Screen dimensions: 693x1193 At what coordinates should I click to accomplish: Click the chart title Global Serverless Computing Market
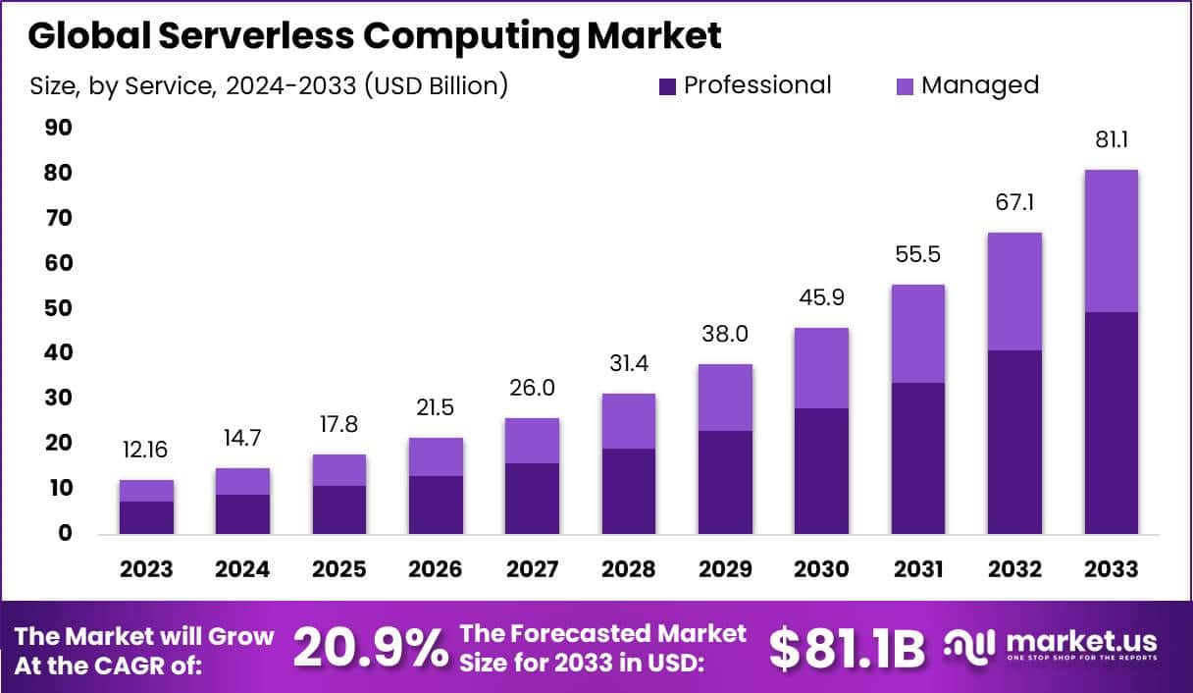click(x=374, y=35)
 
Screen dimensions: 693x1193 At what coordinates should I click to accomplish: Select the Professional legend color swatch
click(x=668, y=86)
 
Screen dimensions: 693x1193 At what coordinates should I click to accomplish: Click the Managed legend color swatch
click(x=906, y=86)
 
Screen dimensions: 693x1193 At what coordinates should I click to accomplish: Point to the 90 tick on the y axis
click(x=58, y=129)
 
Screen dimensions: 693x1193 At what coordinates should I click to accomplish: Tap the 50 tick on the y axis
click(x=58, y=308)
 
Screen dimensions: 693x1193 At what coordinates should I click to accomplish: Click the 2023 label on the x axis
click(x=147, y=569)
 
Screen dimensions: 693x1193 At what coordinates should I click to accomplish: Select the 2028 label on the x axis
click(x=628, y=569)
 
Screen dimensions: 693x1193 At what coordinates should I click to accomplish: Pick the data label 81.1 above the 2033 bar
click(x=1112, y=141)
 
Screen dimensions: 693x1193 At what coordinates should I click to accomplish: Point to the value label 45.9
click(x=821, y=296)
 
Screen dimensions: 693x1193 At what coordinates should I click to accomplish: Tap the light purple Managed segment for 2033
click(x=1112, y=240)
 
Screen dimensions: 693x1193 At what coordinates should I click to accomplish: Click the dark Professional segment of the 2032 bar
click(x=1015, y=442)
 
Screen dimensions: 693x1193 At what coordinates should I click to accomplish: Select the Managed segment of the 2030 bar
click(x=821, y=368)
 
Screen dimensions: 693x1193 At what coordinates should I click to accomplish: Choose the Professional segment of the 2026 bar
click(x=436, y=505)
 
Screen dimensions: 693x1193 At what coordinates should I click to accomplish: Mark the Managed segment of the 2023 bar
click(x=147, y=491)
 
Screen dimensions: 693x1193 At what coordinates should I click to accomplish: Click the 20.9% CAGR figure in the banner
click(x=370, y=648)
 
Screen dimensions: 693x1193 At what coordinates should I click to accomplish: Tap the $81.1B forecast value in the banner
click(x=846, y=648)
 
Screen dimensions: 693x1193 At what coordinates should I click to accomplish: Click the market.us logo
click(x=1051, y=646)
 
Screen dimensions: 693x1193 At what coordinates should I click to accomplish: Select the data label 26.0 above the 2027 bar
click(x=532, y=389)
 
